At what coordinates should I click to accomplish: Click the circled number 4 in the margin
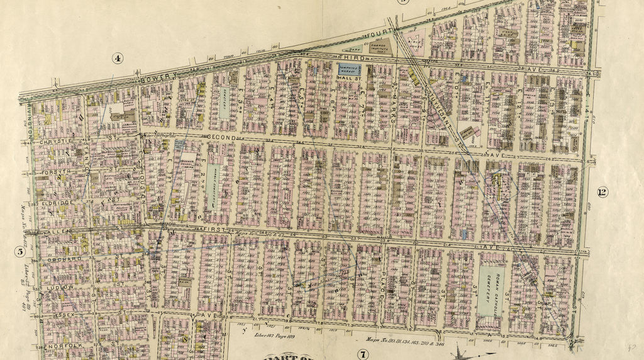coord(118,59)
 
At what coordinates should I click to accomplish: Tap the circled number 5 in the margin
coord(19,252)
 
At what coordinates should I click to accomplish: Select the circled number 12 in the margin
coord(602,192)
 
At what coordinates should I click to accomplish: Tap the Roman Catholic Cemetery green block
coord(491,290)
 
